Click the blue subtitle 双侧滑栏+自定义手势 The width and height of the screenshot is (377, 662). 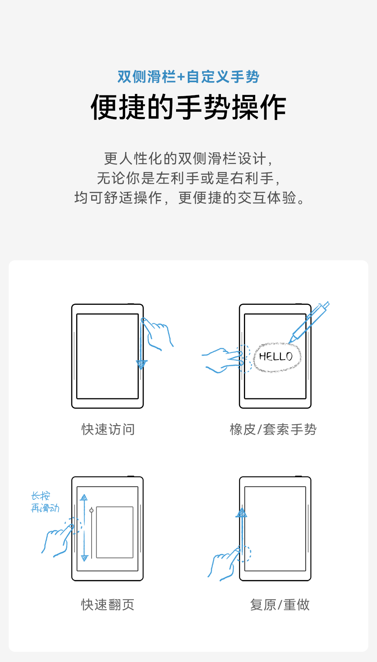(188, 77)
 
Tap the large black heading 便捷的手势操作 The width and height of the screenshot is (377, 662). (188, 108)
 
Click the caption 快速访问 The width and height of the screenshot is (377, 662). (108, 429)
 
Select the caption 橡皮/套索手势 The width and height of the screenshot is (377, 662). (273, 429)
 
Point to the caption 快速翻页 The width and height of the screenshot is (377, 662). (108, 605)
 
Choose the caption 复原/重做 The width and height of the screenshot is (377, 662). (280, 605)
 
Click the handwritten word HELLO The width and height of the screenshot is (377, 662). (276, 356)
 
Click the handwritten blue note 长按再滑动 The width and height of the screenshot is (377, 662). (45, 502)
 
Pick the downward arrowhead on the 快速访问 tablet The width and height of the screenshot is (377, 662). (142, 364)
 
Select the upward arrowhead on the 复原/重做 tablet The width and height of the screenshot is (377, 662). (242, 513)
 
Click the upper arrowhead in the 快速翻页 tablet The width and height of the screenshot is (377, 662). (84, 498)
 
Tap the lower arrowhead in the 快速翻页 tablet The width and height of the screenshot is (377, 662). (84, 558)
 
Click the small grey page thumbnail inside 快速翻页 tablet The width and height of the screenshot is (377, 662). (115, 532)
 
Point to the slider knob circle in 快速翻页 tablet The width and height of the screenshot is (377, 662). (91, 510)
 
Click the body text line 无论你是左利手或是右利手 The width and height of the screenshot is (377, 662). (188, 178)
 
